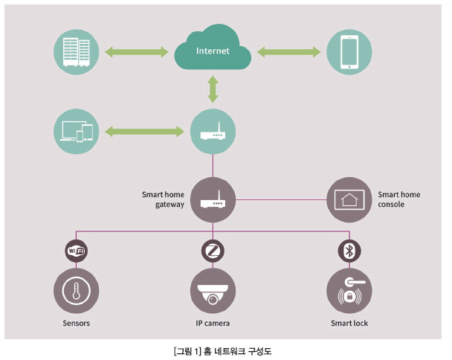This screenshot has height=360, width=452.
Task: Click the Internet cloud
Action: [213, 51]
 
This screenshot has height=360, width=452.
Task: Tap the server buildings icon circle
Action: [76, 51]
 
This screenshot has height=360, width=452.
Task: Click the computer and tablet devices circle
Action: [76, 132]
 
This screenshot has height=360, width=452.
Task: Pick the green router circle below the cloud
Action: [213, 132]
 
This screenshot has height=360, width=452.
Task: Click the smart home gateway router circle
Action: [213, 199]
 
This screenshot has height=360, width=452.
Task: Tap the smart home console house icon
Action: [349, 199]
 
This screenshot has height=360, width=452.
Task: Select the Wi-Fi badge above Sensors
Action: [76, 250]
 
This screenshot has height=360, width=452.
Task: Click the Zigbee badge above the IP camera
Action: [213, 250]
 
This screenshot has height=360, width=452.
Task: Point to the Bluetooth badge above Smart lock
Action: [349, 250]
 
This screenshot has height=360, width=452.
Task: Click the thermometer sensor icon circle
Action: [76, 290]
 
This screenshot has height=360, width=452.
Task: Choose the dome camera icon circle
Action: [213, 290]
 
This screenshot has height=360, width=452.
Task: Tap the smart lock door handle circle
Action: [349, 290]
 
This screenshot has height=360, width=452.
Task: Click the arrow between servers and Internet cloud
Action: [136, 51]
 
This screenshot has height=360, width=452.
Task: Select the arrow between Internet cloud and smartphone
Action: [286, 51]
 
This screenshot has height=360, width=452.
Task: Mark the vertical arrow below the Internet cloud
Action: [213, 89]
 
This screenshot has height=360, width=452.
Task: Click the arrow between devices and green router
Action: [143, 132]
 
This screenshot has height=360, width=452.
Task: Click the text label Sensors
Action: [76, 324]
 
